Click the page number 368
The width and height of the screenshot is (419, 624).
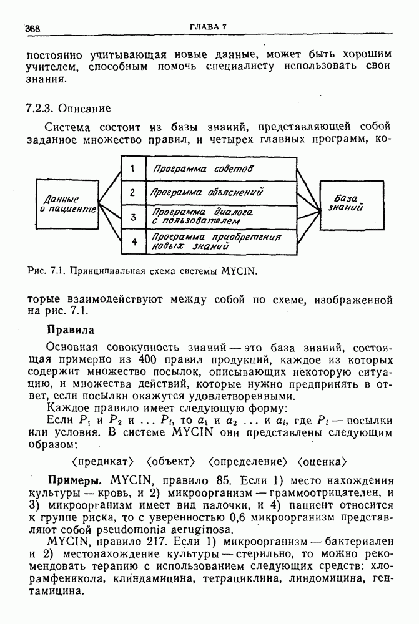32,28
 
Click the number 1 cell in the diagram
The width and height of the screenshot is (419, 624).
132,168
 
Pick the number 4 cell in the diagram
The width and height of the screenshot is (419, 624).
132,241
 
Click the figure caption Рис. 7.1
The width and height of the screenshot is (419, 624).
143,272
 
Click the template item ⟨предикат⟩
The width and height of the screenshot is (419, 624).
103,462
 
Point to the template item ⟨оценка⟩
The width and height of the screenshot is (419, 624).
322,462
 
